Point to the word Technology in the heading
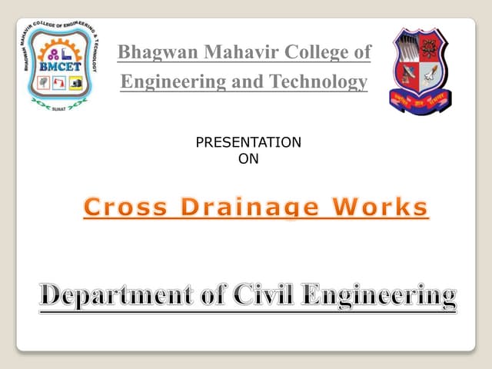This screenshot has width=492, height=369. pos(321,81)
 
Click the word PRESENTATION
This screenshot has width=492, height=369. pos(249,143)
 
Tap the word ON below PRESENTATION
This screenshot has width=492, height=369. pos(249,158)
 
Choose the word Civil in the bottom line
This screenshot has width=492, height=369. pos(258,294)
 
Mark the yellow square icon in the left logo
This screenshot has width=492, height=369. pos(77,81)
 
